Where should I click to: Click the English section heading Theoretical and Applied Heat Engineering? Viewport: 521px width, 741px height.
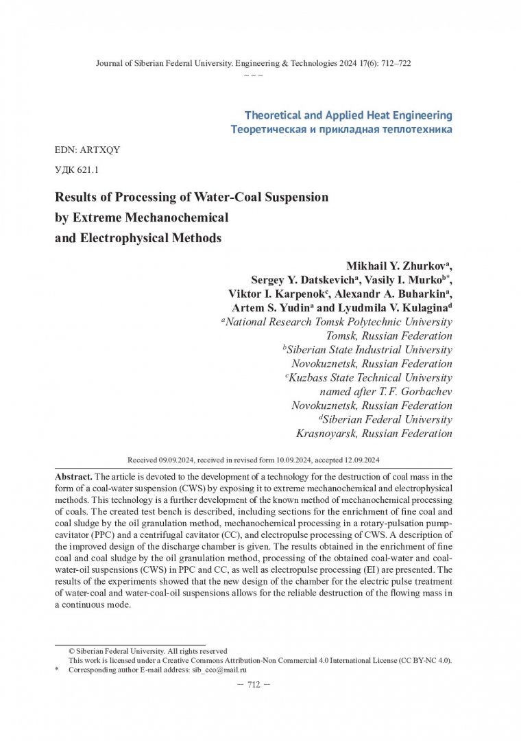[x=348, y=115]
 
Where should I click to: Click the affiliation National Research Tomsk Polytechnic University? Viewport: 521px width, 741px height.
[x=339, y=322]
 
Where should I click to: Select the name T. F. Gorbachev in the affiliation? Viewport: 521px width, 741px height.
[x=415, y=391]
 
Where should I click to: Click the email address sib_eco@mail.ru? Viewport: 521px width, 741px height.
[x=217, y=670]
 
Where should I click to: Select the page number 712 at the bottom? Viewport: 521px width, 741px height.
[x=254, y=685]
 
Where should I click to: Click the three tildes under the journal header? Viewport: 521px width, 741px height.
[x=254, y=75]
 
